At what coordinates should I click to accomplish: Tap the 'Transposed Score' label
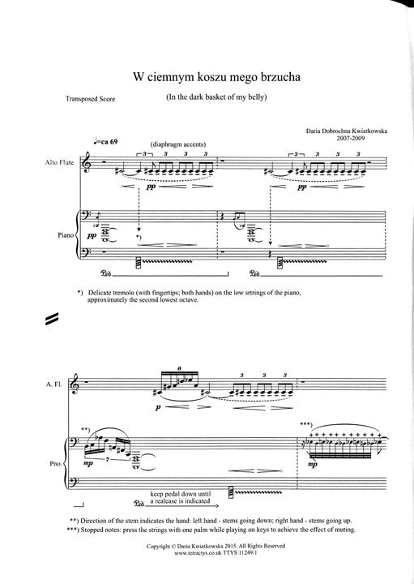coord(91,99)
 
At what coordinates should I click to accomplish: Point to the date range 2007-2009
coord(351,138)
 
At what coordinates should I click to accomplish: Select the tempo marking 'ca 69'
coord(109,142)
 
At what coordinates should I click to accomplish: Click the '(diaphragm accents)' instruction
coord(178,144)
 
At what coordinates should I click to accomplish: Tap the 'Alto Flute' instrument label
coord(59,162)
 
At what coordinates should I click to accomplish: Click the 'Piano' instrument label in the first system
coord(66,235)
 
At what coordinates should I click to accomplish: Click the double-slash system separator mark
coord(52,319)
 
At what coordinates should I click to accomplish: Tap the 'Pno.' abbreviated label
coord(56,464)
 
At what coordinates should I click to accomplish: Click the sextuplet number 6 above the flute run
coord(180,368)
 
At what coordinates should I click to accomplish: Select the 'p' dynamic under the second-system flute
coord(158,408)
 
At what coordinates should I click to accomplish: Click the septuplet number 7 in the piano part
coord(107,461)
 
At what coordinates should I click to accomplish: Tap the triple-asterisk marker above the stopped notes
coord(307,424)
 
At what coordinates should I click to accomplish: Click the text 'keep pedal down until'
coord(181,494)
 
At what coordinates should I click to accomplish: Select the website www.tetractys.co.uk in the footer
coord(198,553)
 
